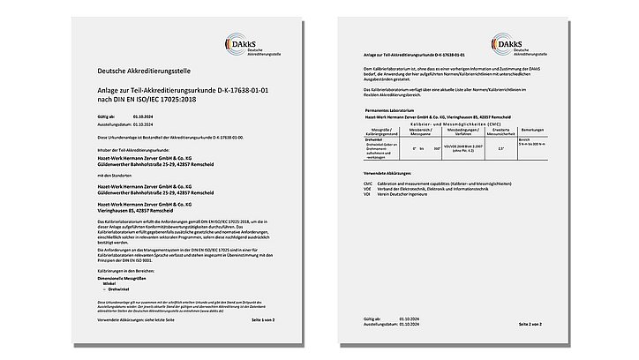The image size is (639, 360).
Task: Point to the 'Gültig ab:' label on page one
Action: [x=106, y=115]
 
